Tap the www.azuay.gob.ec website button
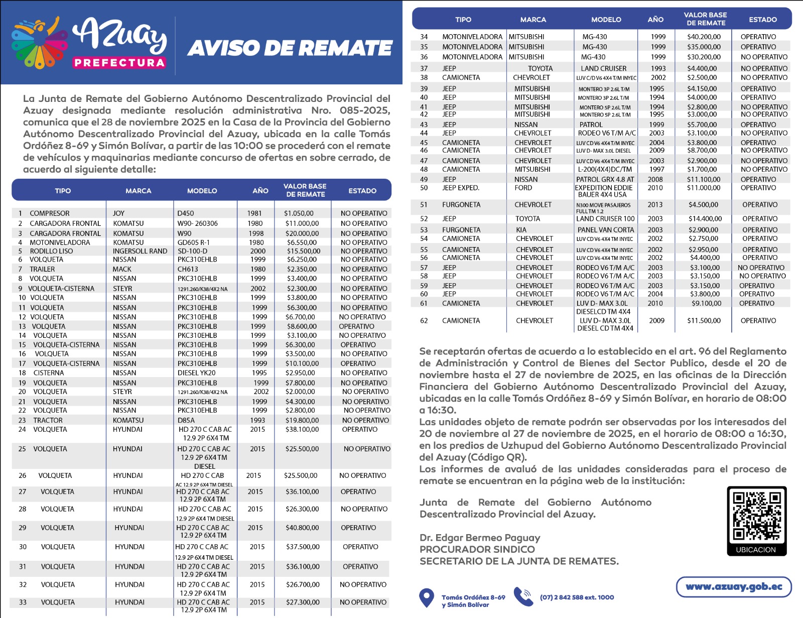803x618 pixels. point(734,587)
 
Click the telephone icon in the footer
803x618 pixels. point(523,597)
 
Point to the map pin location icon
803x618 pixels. point(426,597)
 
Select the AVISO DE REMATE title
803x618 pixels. point(290,48)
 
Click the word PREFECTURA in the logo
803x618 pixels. point(119,63)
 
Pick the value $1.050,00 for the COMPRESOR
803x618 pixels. point(299,213)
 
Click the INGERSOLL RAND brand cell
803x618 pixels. point(140,251)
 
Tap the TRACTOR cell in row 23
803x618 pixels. point(48,420)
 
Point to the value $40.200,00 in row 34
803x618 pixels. point(704,37)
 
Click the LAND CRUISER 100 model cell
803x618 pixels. point(605,219)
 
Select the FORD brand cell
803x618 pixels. point(523,188)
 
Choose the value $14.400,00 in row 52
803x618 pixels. point(705,219)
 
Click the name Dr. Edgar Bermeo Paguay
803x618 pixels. point(480,538)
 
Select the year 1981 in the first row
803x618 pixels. point(254,213)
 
